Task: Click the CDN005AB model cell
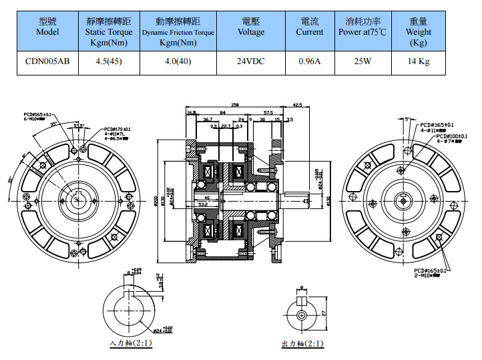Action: [47, 61]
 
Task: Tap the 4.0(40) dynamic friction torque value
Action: [178, 61]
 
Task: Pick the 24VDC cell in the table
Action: [251, 61]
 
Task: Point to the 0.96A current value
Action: [310, 61]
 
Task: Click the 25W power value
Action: [363, 61]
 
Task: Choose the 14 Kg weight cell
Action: [419, 61]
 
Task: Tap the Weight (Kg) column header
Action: [419, 31]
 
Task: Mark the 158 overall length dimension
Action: [234, 104]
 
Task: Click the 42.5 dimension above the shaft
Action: [297, 104]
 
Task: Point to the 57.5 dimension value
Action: [268, 112]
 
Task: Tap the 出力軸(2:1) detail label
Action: [302, 344]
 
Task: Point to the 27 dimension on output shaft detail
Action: [323, 313]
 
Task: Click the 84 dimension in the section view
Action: [222, 112]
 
